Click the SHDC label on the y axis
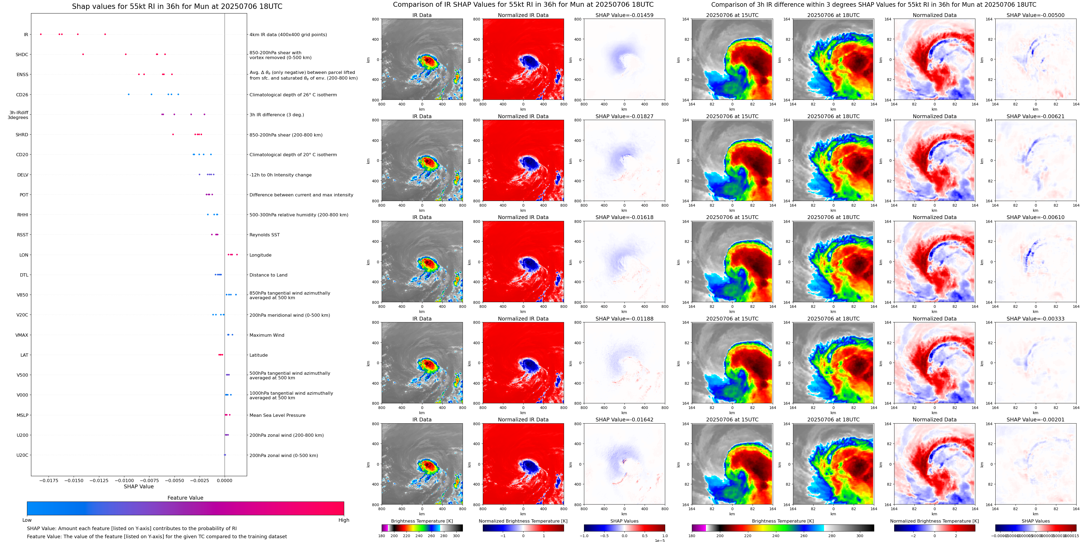coord(22,55)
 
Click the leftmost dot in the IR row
coord(41,34)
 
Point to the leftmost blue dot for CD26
coord(129,94)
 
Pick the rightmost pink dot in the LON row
coord(237,254)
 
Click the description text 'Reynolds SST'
coord(264,235)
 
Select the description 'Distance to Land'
coord(268,275)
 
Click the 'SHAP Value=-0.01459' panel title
coord(624,15)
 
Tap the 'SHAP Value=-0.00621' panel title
coord(1036,117)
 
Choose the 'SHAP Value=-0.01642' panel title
coord(624,420)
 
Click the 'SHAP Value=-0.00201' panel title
coord(1036,420)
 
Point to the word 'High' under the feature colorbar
coord(344,520)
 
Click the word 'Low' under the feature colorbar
coord(27,520)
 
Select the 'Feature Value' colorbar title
coord(185,498)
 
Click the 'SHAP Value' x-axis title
coord(139,486)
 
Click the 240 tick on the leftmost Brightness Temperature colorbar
coord(419,536)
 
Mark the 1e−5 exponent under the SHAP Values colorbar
coord(660,540)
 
